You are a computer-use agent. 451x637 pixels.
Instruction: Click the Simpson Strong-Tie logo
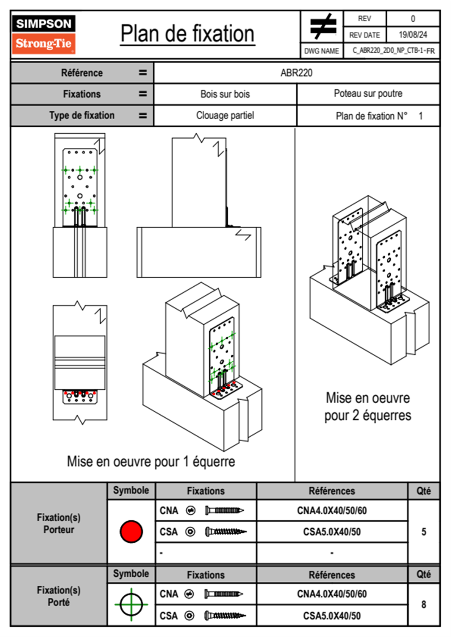pos(44,34)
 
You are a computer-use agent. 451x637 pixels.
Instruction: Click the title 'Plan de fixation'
pos(187,34)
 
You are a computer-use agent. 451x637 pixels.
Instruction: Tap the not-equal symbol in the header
pos(323,27)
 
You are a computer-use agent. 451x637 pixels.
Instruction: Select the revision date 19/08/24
pos(413,35)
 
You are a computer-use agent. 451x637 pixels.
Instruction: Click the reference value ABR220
pos(296,73)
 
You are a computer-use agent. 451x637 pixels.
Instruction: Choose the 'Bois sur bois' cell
pos(225,94)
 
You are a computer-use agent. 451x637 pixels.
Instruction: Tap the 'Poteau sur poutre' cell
pos(368,94)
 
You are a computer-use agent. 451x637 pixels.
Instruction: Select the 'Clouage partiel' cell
pos(225,116)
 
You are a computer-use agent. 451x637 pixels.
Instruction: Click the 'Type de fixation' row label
pos(82,116)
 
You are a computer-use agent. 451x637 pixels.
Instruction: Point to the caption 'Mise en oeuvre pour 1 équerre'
pos(151,462)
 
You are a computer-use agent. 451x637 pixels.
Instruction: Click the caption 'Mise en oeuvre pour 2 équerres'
pos(368,407)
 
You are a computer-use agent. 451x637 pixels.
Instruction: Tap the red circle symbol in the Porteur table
pos(131,531)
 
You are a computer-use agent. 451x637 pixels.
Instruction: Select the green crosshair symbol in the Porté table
pos(131,604)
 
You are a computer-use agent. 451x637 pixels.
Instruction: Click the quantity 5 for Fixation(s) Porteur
pos(424,532)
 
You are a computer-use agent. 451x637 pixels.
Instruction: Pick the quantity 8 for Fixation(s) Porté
pos(424,604)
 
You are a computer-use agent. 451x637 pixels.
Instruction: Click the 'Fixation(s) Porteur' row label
pos(59,523)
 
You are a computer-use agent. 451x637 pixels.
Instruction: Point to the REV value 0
pos(413,19)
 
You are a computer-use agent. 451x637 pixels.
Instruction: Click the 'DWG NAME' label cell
pos(322,51)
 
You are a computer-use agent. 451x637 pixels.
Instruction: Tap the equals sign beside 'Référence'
pos(143,73)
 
